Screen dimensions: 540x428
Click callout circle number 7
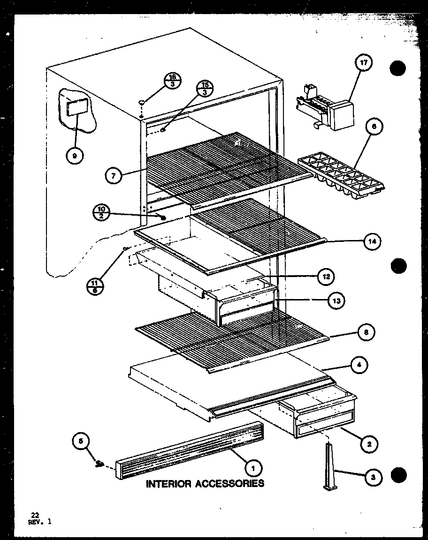[113, 176]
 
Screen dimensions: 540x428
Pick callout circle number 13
[337, 300]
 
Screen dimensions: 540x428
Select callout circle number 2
[370, 443]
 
